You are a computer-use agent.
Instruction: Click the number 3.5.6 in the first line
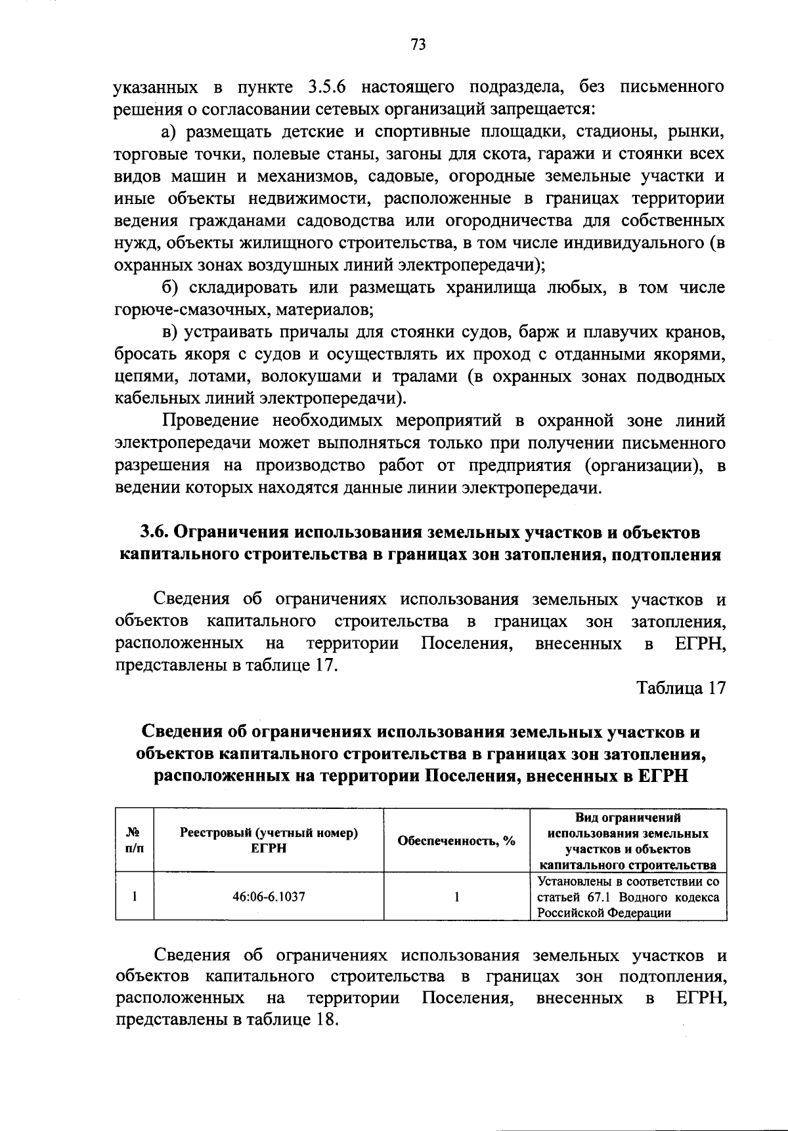329,87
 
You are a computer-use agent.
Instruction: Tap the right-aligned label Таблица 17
681,688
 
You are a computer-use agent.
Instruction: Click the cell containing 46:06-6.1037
269,896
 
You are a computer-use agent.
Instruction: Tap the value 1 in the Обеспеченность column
456,896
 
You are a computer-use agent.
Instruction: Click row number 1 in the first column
134,896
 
